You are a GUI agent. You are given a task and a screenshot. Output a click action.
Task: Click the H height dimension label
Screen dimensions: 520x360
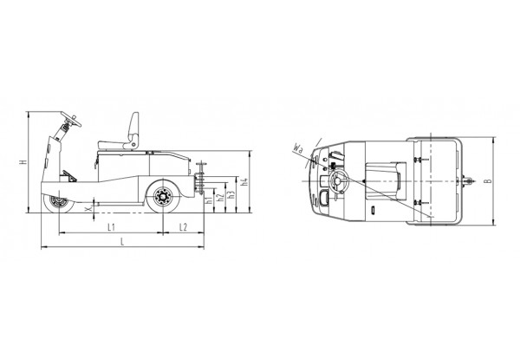pos(23,162)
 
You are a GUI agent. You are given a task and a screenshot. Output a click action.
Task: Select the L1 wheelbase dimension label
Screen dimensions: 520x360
pos(112,227)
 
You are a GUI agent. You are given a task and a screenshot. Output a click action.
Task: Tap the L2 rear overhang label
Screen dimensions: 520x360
pos(183,227)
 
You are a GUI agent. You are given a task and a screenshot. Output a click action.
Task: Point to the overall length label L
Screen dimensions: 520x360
pos(122,241)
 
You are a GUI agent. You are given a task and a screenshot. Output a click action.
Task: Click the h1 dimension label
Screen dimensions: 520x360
pos(209,200)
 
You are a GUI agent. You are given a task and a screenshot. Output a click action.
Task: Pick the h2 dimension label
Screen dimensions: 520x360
pos(220,198)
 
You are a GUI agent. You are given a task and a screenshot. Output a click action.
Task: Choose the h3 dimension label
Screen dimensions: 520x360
pos(232,194)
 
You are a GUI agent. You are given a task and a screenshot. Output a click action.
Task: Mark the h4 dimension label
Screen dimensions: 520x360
pos(244,181)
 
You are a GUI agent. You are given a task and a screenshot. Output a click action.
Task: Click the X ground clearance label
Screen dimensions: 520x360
pos(88,209)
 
